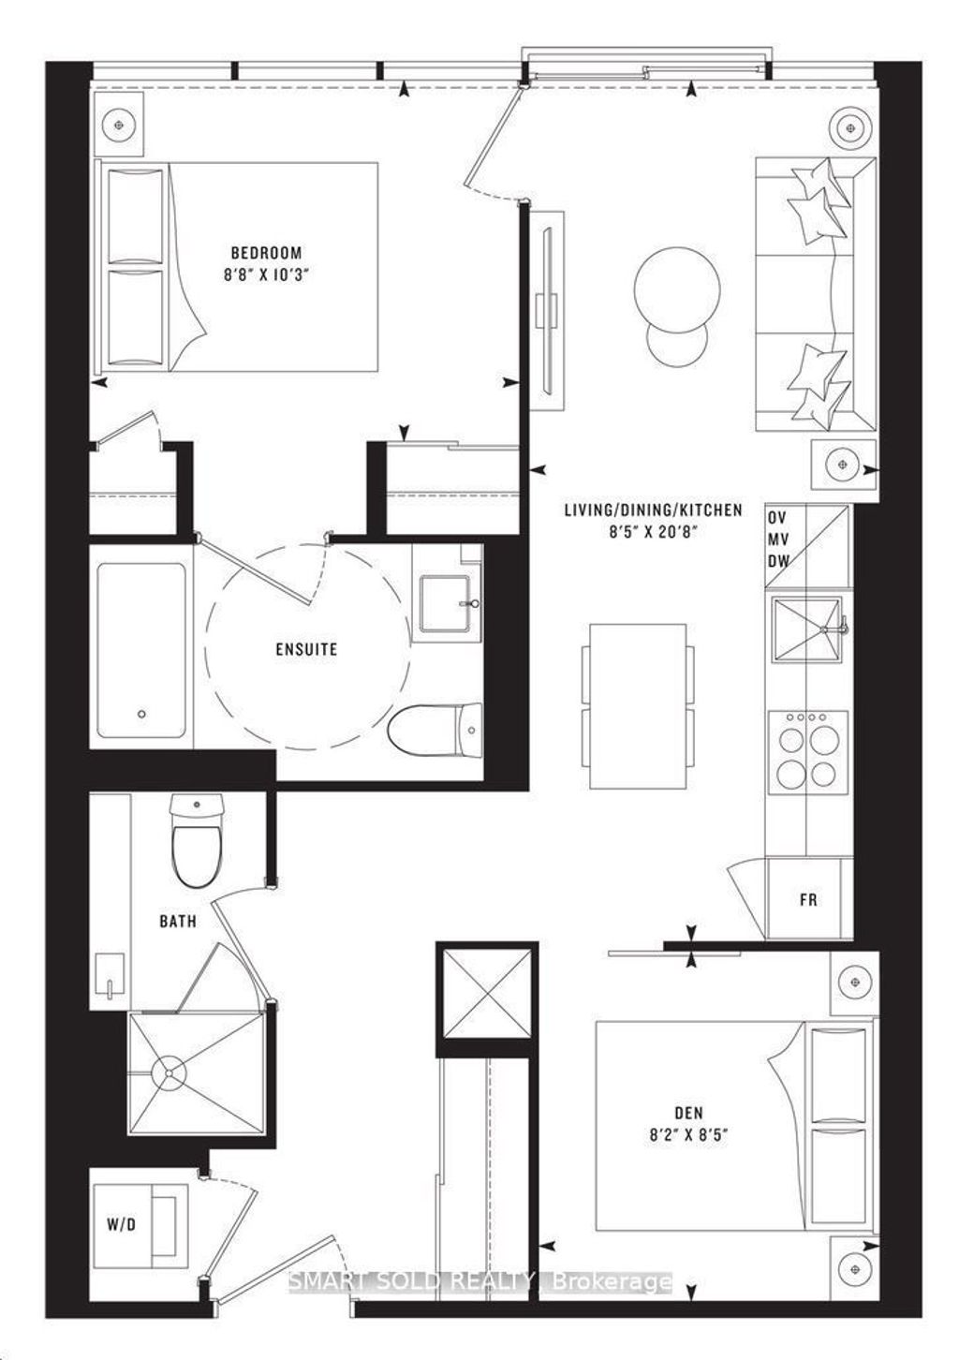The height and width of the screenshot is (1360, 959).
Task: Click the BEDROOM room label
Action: [267, 252]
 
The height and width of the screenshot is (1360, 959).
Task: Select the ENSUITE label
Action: [307, 648]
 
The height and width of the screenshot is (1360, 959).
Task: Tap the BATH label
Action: [178, 922]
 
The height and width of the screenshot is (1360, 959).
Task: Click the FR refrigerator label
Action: [808, 899]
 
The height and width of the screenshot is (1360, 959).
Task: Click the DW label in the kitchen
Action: [778, 560]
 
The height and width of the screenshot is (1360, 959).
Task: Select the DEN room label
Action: [688, 1113]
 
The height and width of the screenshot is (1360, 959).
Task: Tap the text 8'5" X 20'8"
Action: [653, 531]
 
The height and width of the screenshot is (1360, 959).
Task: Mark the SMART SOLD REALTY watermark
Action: [479, 1280]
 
